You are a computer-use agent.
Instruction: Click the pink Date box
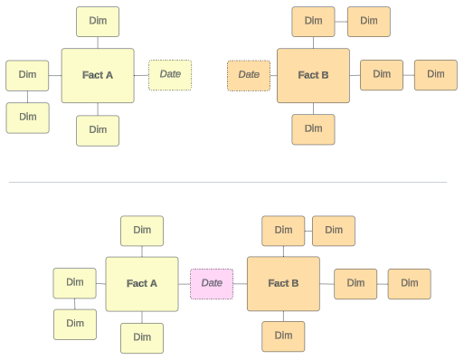[212, 284]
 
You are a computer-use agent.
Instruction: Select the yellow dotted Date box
[170, 75]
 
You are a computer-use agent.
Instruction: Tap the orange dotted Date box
[249, 75]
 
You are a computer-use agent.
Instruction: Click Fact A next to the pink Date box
[142, 284]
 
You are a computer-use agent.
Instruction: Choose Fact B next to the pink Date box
[283, 284]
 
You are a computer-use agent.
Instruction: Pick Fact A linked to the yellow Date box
[98, 75]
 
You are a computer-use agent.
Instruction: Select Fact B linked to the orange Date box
[313, 75]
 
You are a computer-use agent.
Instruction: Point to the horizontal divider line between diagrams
[228, 182]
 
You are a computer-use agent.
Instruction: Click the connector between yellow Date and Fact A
[141, 75]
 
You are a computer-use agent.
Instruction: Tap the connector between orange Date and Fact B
[274, 75]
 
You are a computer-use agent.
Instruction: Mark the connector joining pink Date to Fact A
[185, 284]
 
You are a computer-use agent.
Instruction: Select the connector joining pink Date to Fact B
[241, 284]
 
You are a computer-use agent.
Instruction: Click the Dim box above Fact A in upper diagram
[98, 22]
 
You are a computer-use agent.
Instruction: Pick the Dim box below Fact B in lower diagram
[283, 336]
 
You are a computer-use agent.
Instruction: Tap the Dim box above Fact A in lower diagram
[142, 231]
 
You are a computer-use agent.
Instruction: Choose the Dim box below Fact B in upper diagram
[313, 129]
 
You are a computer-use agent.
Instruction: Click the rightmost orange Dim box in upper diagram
[436, 75]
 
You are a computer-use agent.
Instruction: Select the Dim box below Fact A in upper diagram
[98, 130]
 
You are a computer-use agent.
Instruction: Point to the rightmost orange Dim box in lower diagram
[410, 284]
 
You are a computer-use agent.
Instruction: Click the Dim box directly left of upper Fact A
[27, 75]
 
